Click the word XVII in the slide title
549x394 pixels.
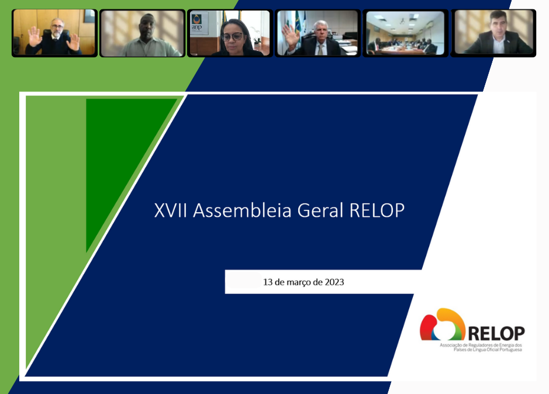(171, 210)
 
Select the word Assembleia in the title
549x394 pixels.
(242, 210)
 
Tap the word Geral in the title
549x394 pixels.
(320, 210)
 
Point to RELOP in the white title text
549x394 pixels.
(377, 210)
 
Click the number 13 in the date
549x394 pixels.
(268, 282)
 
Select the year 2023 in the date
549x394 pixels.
(334, 282)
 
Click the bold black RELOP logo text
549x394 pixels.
(496, 333)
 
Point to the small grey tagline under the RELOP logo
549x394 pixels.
(481, 347)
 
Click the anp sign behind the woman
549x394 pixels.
(197, 24)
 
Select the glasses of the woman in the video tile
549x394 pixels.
(232, 36)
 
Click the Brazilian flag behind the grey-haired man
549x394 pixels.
(298, 24)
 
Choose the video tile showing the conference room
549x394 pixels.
(405, 33)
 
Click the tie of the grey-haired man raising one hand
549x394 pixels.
(320, 50)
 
